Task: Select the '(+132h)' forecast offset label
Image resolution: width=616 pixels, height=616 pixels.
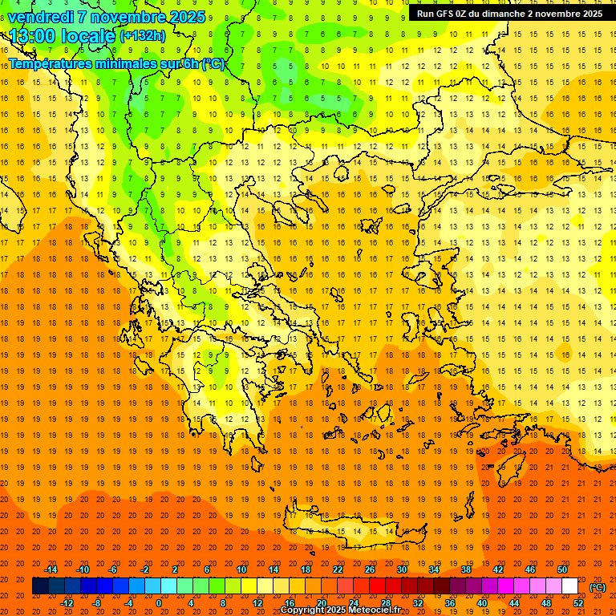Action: [143, 36]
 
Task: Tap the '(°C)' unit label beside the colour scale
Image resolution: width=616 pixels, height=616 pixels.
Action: [598, 587]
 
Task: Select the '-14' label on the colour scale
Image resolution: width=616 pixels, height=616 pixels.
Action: [51, 569]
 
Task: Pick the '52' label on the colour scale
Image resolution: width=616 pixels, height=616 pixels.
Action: [578, 603]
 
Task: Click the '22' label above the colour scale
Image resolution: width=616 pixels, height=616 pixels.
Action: [338, 569]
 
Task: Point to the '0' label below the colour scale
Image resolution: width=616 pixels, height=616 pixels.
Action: [159, 603]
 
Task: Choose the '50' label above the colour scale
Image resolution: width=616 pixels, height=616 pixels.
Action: [562, 569]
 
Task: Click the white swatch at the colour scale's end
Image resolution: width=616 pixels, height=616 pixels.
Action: [570, 586]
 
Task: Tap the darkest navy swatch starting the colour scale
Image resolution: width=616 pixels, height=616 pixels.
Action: [40, 586]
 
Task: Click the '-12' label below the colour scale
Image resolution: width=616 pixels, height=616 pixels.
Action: [67, 603]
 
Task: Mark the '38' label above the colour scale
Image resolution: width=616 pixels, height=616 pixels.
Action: [466, 569]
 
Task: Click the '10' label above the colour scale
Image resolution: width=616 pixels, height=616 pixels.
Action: [241, 569]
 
